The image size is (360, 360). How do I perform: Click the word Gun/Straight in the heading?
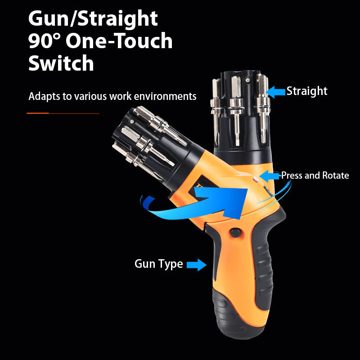(x=93, y=19)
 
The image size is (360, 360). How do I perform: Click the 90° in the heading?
(x=44, y=40)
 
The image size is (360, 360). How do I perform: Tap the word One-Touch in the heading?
(x=119, y=40)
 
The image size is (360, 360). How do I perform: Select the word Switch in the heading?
(x=61, y=63)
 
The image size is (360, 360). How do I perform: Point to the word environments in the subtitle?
(x=165, y=96)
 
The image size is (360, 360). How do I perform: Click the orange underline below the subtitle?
(x=63, y=113)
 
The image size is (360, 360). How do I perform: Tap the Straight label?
(x=307, y=91)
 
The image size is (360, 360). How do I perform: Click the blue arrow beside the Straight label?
(x=275, y=92)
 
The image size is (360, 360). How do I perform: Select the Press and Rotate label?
(x=315, y=175)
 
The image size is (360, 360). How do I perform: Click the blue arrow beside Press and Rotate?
(x=269, y=176)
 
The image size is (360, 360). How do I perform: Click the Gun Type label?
(x=159, y=264)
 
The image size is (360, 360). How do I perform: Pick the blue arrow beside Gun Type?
(x=197, y=265)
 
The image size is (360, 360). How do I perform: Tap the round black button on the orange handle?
(x=235, y=233)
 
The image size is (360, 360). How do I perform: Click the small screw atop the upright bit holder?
(x=247, y=80)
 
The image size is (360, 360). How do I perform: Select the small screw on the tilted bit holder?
(x=131, y=121)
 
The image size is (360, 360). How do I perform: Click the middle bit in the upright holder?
(x=237, y=110)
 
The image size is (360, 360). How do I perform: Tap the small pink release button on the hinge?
(x=256, y=180)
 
